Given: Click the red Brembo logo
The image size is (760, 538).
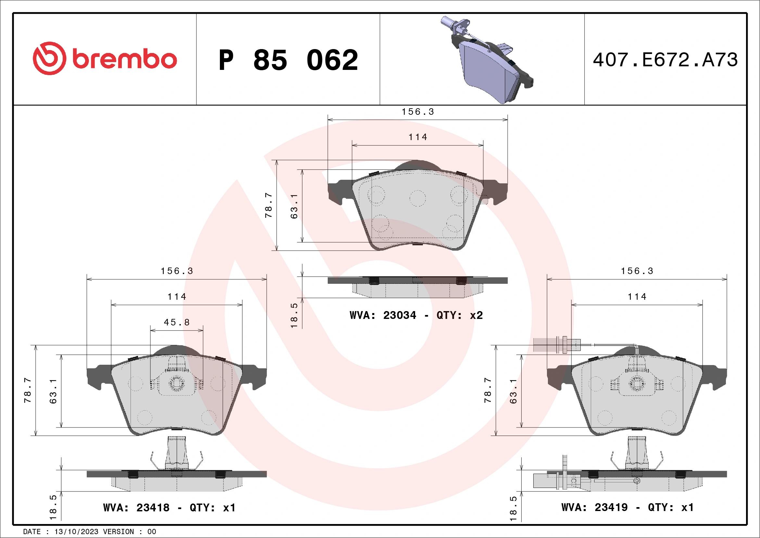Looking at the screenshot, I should click(x=105, y=59).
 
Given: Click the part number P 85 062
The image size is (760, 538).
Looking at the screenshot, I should click(x=288, y=60).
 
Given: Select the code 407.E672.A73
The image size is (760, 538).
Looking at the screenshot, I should click(x=665, y=60).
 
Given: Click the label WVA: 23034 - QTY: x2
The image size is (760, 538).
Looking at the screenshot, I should click(x=416, y=315).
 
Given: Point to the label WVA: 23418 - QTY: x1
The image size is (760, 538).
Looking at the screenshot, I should click(x=169, y=507).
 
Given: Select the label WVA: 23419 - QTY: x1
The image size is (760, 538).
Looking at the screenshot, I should click(x=627, y=507).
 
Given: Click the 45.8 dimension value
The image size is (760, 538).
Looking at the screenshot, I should click(x=177, y=322).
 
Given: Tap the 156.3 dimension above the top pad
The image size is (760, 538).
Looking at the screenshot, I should click(x=418, y=112).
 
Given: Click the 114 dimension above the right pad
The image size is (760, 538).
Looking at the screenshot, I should click(x=637, y=296).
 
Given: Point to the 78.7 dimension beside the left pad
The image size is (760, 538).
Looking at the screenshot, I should click(x=28, y=390).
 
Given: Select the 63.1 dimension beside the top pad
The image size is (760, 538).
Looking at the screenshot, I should click(x=294, y=206).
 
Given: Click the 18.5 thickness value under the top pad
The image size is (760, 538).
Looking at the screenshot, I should click(x=294, y=315).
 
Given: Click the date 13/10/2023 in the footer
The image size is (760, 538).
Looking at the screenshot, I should click(x=76, y=532).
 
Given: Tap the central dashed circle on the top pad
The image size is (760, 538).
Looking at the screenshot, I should click(x=417, y=198).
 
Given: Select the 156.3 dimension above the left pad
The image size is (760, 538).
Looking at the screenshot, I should click(x=177, y=271).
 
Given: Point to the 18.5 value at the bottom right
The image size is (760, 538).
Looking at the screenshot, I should click(x=513, y=508).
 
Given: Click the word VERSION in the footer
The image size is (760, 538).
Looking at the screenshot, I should click(x=119, y=532).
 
